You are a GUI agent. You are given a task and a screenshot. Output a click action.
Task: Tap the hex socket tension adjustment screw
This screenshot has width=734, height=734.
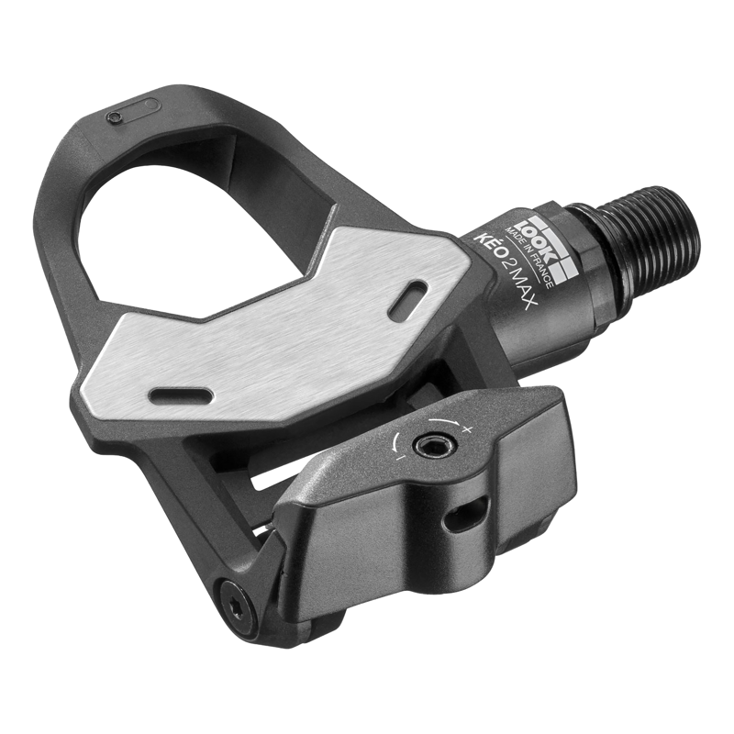click(425, 446)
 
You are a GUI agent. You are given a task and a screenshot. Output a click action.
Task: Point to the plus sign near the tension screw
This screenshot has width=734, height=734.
click(467, 429)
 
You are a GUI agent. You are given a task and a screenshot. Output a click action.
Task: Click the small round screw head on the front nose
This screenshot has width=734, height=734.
click(114, 118)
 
